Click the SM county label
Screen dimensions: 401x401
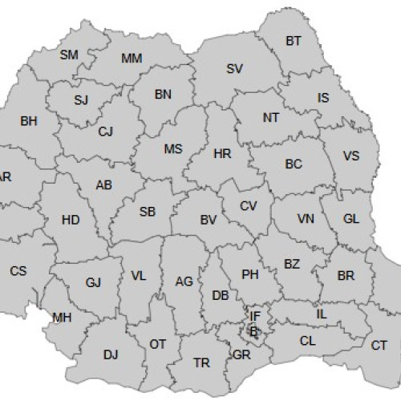69,55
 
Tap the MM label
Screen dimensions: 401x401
131,59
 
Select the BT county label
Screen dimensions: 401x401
294,41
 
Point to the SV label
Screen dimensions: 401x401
234,69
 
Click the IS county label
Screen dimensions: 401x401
323,98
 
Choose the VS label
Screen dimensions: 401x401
350,156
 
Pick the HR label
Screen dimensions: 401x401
223,152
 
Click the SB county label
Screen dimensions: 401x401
148,213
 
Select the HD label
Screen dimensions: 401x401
71,220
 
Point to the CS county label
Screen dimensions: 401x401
18,271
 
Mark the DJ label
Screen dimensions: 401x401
111,353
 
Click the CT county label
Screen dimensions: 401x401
379,346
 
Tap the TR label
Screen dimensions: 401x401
202,363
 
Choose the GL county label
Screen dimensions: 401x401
351,219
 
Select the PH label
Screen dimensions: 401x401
249,274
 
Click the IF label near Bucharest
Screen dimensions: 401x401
255,317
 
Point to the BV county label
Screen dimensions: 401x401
209,220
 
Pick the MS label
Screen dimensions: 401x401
173,149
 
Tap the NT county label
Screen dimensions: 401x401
271,117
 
